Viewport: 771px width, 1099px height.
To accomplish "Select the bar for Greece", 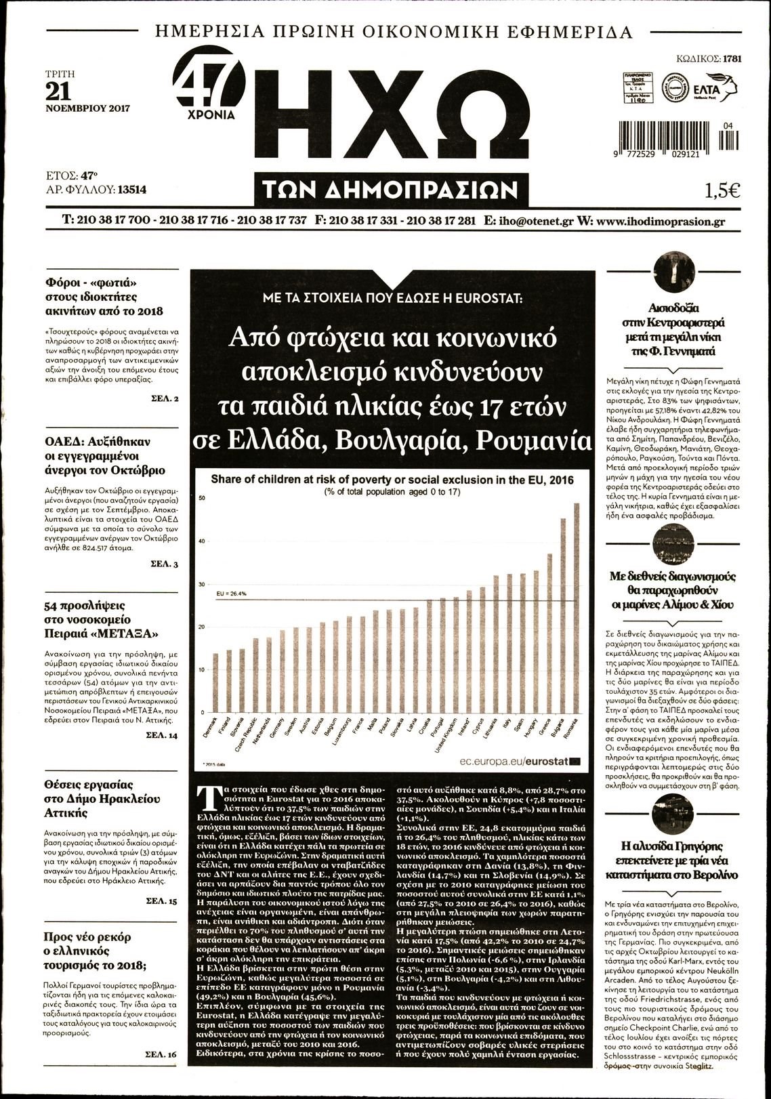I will [x=549, y=634].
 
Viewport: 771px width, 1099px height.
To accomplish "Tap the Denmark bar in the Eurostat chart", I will [x=215, y=683].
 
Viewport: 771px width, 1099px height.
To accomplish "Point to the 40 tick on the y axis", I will [x=201, y=541].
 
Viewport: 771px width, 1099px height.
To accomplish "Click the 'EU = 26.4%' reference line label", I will [x=232, y=594].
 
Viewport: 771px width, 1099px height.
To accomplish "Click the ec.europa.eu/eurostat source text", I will [x=514, y=762].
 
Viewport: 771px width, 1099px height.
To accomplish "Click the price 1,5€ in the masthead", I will [x=722, y=191].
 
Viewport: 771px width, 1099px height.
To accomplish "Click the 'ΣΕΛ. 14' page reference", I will [x=163, y=735].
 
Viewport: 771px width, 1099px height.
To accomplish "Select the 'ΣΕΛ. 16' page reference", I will [x=162, y=1055].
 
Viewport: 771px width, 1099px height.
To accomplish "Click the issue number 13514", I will [x=131, y=190].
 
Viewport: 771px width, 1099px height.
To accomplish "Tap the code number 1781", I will [x=732, y=59].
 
